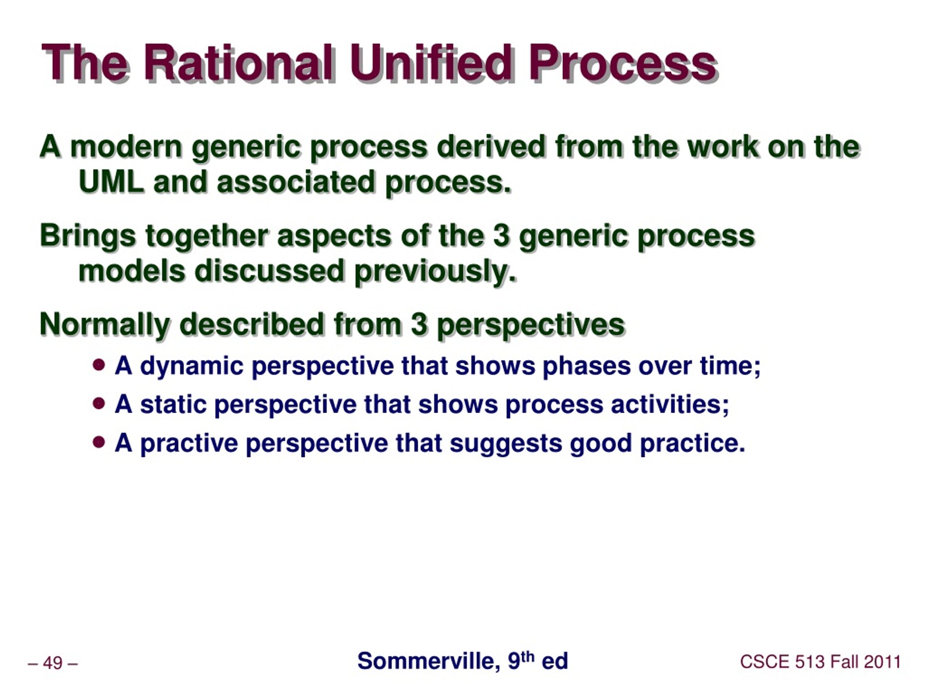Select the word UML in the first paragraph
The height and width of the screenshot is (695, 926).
tap(111, 182)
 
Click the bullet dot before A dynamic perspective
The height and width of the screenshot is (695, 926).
tap(99, 365)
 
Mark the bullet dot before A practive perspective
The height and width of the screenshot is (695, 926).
tap(99, 442)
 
